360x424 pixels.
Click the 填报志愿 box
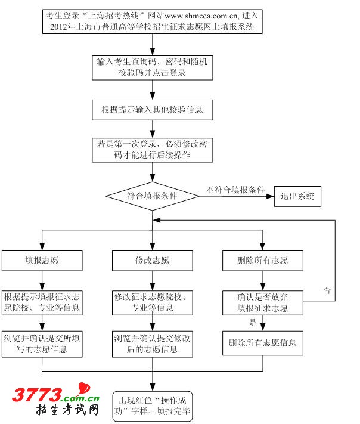tap(42, 261)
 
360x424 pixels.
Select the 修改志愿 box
tap(153, 261)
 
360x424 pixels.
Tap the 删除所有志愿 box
tap(263, 261)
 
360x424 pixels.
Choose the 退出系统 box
tap(297, 196)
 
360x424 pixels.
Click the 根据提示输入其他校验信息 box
tap(153, 110)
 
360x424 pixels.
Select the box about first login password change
tap(153, 150)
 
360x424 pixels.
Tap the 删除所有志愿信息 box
tap(263, 343)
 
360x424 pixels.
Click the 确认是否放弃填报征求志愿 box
tap(263, 302)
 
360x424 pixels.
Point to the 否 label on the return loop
tap(327, 290)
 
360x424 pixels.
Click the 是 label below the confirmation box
tap(253, 323)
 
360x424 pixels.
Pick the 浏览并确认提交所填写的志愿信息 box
tap(42, 343)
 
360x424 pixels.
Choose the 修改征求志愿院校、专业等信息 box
tap(153, 302)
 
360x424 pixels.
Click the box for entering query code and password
tap(153, 67)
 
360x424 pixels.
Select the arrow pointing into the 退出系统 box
tap(269, 196)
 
